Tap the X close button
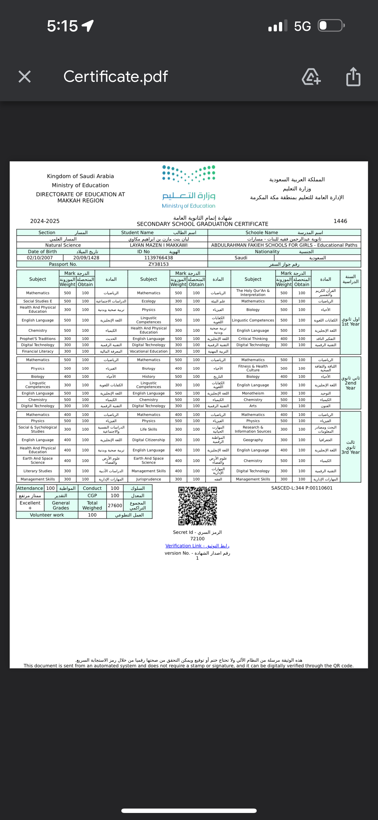(25, 77)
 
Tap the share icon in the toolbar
(353, 77)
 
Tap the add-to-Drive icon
(311, 77)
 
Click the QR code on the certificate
(197, 506)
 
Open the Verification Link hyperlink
(197, 545)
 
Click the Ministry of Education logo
(189, 187)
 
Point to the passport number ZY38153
(159, 264)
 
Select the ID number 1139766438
(159, 258)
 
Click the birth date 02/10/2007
(40, 258)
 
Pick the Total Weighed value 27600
(115, 506)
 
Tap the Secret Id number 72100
(197, 539)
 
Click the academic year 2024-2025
(45, 221)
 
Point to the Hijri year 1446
(340, 221)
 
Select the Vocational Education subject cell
(149, 351)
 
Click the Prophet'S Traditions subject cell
(38, 339)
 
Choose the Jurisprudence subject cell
(149, 479)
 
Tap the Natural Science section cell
(63, 245)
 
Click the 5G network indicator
(302, 26)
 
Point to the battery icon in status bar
(331, 26)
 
